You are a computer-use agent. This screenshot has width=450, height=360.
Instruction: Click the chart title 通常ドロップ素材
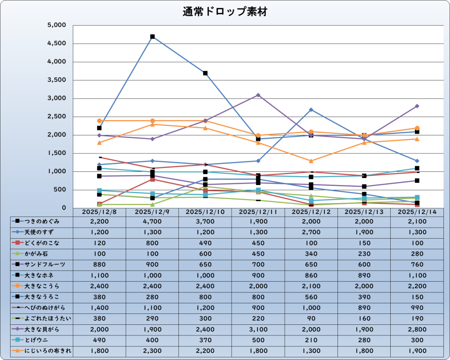point(225,12)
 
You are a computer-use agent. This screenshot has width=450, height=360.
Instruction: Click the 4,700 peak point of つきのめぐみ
point(152,36)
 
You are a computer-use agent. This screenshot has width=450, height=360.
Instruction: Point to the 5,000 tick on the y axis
point(56,25)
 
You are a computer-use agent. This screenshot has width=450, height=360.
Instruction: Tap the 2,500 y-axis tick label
point(56,117)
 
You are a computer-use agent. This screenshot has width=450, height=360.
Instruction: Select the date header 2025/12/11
point(258,212)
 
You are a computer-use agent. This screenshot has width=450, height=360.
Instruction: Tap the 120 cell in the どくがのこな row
point(99,243)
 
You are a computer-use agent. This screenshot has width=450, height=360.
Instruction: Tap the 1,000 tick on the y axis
point(56,171)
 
